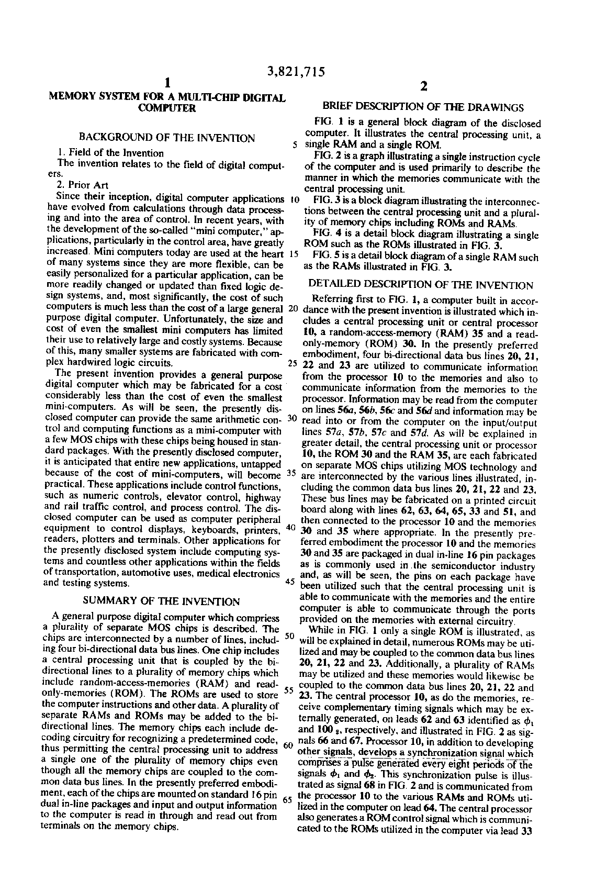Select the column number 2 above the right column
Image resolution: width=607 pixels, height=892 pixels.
click(x=423, y=87)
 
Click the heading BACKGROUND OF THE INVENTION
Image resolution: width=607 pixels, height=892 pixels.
click(x=166, y=138)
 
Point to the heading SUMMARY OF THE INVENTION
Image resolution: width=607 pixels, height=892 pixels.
click(x=162, y=601)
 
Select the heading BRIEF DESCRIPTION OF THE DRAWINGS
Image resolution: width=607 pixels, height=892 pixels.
click(x=423, y=107)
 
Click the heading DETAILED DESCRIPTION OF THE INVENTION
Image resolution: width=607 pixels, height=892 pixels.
click(x=421, y=285)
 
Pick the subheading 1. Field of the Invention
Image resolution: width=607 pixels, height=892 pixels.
click(x=111, y=153)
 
